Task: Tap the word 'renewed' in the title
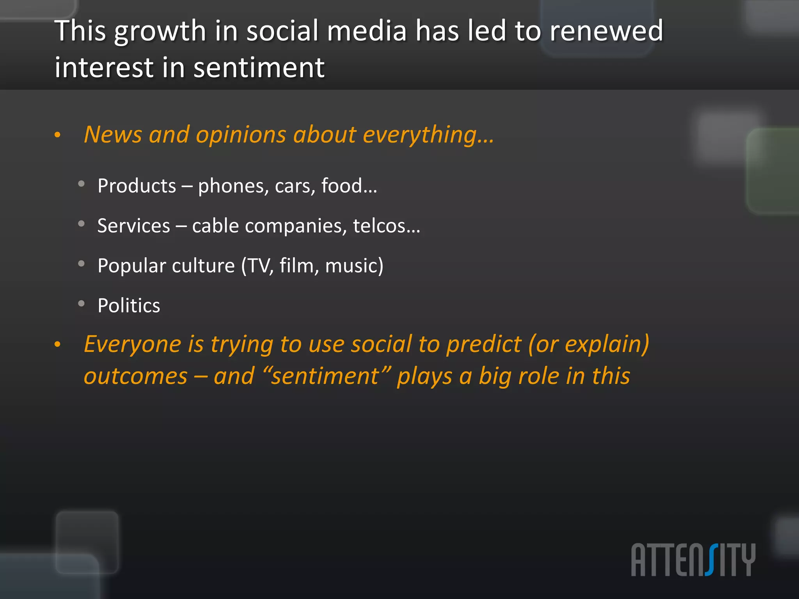tap(606, 31)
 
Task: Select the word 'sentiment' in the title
tap(259, 68)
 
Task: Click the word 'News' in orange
tap(113, 135)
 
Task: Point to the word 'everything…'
tap(428, 135)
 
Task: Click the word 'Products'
tap(137, 186)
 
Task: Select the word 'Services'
tap(134, 226)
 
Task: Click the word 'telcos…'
tap(387, 226)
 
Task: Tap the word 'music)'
tap(354, 266)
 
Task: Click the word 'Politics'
tap(129, 305)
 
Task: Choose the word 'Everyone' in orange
tap(133, 344)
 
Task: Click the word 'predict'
tap(484, 345)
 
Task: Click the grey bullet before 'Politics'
tap(82, 303)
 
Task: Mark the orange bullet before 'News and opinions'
tap(58, 135)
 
